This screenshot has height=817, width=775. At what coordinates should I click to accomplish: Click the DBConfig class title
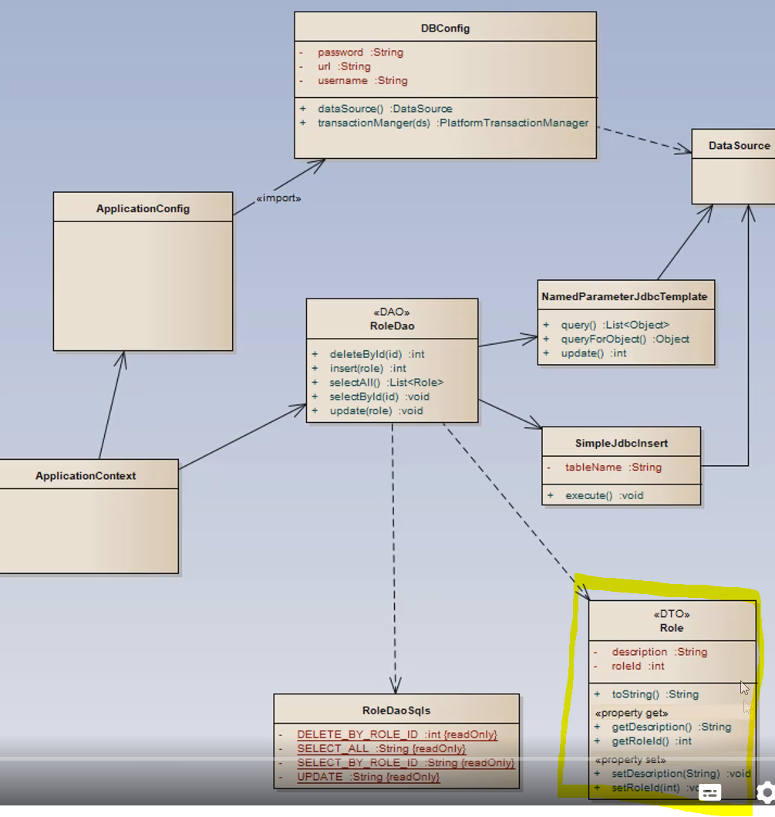445,29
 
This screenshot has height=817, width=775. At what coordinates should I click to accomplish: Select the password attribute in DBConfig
340,52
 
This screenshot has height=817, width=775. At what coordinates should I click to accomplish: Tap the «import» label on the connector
278,198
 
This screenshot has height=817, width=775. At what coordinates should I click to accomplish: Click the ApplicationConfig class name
143,208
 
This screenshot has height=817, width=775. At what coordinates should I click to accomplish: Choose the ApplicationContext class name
86,476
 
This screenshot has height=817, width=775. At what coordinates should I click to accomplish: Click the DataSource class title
739,145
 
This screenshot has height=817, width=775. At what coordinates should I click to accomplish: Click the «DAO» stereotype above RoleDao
392,312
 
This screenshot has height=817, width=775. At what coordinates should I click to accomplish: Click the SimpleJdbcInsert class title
621,444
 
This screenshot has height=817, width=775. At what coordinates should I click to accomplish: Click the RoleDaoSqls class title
396,711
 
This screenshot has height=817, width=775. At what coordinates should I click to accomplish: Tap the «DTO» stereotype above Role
671,615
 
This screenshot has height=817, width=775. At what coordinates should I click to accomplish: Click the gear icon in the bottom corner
765,792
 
